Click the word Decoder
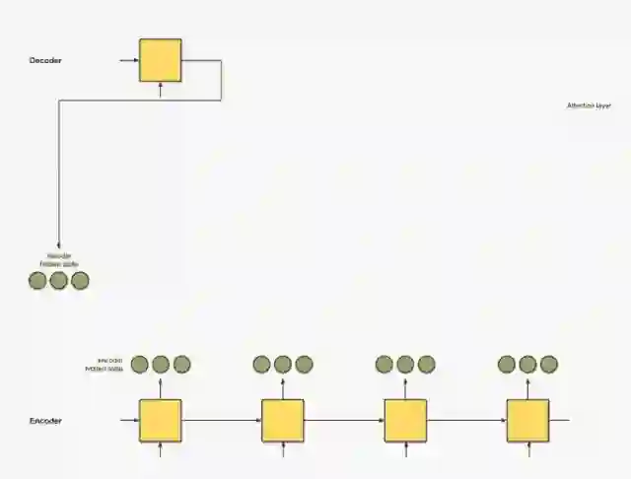click(x=46, y=61)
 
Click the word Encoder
click(x=46, y=421)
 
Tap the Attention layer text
click(x=589, y=105)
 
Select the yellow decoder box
click(x=160, y=60)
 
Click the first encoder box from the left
click(x=160, y=421)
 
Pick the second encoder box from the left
click(x=283, y=421)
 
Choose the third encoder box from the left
click(x=405, y=421)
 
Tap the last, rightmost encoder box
click(x=527, y=421)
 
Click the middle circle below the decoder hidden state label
click(x=58, y=281)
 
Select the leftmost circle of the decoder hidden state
click(x=37, y=281)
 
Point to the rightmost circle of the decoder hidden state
click(x=80, y=281)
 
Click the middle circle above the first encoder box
click(x=161, y=365)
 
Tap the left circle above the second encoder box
click(x=261, y=365)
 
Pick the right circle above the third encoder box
click(x=426, y=365)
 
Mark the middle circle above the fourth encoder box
click(x=527, y=365)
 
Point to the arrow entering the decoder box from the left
click(x=128, y=60)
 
